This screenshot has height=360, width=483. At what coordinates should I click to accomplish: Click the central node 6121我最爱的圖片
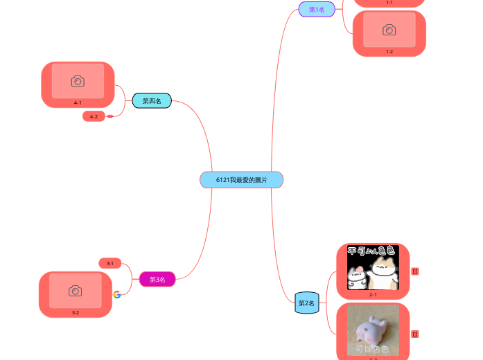241,180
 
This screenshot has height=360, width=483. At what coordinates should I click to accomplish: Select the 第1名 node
317,9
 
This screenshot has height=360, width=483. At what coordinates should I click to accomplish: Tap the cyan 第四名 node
152,101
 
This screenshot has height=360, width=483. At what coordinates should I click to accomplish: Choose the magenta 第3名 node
157,280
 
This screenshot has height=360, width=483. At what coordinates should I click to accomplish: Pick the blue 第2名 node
306,303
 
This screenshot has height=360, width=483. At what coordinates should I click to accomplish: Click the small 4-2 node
94,116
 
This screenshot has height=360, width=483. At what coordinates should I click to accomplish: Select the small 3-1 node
110,263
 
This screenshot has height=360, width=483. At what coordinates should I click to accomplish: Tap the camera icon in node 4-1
78,81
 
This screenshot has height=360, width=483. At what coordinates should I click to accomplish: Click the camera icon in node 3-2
76,291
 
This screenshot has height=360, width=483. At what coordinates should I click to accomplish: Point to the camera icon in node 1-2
389,30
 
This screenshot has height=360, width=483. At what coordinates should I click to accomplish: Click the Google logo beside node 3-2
117,294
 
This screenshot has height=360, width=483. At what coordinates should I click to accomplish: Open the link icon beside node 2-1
415,271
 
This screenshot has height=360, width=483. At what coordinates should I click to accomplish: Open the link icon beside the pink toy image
415,334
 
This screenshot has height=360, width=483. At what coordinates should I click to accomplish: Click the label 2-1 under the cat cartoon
373,294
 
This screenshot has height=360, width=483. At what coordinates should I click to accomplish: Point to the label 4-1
78,102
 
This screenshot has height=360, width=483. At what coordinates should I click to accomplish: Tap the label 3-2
76,312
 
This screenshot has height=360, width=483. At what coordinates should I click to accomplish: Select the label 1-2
389,51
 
